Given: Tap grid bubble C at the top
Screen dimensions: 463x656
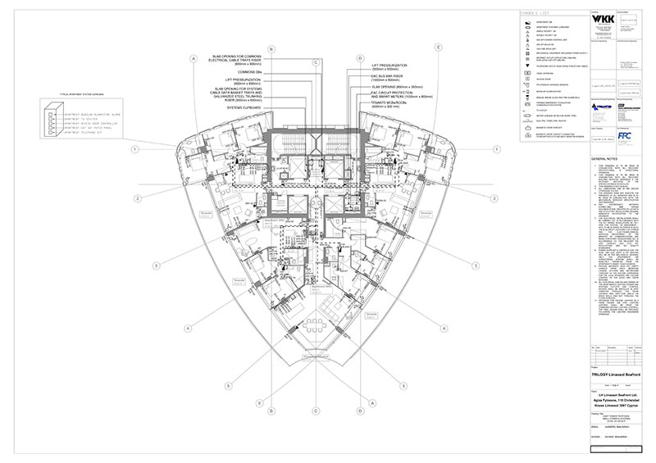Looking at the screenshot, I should pyautogui.click(x=316, y=61).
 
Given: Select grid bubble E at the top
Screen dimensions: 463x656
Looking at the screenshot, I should pyautogui.click(x=440, y=48).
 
